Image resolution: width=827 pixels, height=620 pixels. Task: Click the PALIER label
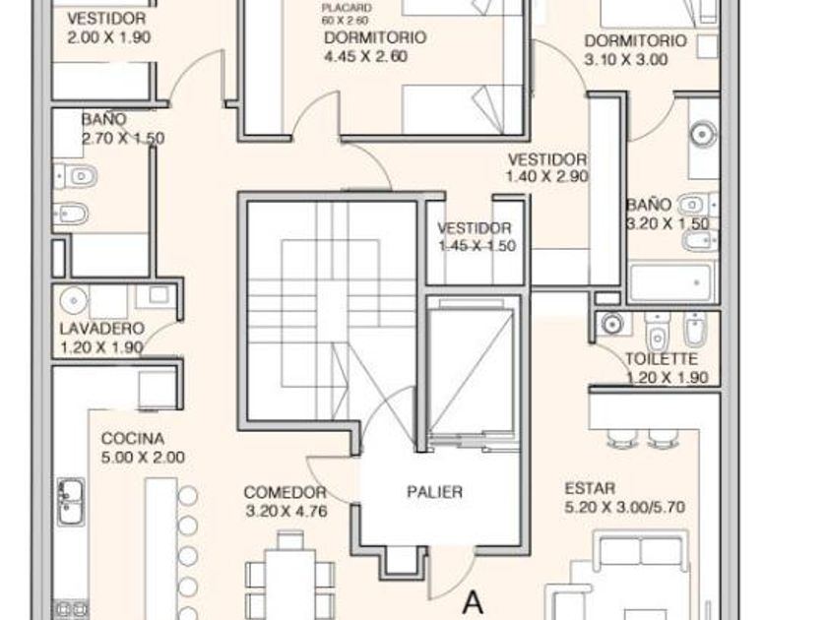434,492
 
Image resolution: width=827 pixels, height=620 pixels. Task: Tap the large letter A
474,602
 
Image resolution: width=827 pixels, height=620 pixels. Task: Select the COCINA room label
132,439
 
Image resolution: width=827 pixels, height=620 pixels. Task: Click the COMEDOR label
285,492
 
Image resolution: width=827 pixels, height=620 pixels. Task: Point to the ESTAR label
590,488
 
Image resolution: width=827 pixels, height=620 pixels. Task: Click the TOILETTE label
662,359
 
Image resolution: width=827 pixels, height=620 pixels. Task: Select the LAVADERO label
101,329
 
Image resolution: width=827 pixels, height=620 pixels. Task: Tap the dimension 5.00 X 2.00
143,457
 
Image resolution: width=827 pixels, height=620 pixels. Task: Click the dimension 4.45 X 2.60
365,56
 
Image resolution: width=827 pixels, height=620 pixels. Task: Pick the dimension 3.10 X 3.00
626,59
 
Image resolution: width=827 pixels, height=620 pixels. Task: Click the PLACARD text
347,9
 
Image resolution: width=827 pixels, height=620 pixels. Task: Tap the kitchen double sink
70,502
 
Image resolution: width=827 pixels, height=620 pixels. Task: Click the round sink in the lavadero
74,300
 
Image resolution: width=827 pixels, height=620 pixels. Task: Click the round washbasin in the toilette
611,324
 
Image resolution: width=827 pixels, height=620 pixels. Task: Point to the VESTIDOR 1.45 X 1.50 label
477,237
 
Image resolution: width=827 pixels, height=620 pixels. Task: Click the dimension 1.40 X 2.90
547,176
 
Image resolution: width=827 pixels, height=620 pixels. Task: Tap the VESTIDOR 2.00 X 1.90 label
108,28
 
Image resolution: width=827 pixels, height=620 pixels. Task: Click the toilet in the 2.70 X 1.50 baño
76,176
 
